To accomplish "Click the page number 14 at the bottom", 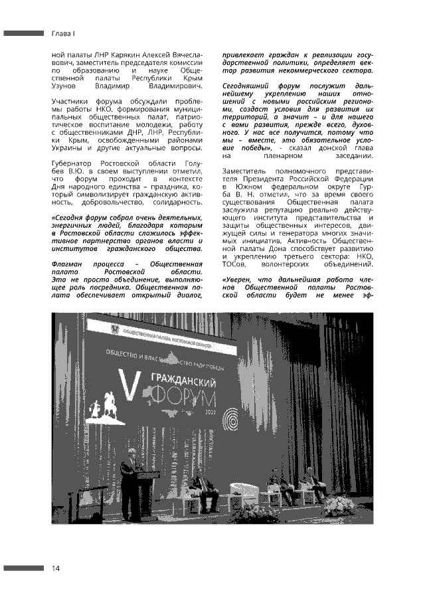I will (56, 568).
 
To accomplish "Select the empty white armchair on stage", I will (240, 493).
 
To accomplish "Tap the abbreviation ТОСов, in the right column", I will (236, 263).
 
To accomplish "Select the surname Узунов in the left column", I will (65, 86).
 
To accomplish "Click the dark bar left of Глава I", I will (23, 33).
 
